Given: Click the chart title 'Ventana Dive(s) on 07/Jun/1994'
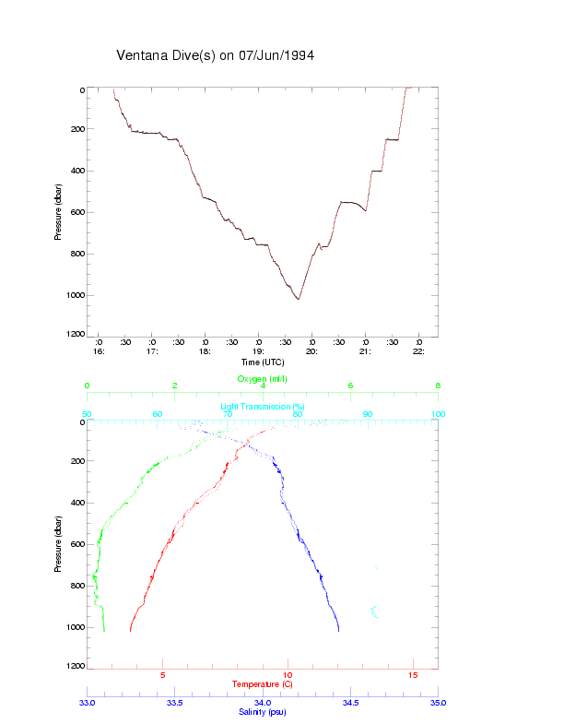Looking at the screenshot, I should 216,55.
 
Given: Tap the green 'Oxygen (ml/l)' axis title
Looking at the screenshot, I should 263,379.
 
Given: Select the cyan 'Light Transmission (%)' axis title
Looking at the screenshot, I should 263,407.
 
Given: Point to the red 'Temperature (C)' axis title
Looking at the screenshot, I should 263,684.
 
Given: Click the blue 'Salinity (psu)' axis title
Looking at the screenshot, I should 263,712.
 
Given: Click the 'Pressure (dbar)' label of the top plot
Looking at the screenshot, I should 58,212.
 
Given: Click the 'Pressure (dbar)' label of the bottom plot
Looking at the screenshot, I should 58,544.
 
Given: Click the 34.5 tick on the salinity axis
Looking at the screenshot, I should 350,703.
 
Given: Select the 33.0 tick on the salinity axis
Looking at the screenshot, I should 88,703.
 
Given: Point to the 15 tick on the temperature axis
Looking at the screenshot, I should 413,675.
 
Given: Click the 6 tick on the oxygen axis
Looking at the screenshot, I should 350,386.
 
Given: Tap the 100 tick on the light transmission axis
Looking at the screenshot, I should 437,414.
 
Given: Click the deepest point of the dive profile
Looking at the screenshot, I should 298,299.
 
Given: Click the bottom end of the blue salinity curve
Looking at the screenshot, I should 339,631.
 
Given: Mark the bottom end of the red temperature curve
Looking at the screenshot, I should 131,631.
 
